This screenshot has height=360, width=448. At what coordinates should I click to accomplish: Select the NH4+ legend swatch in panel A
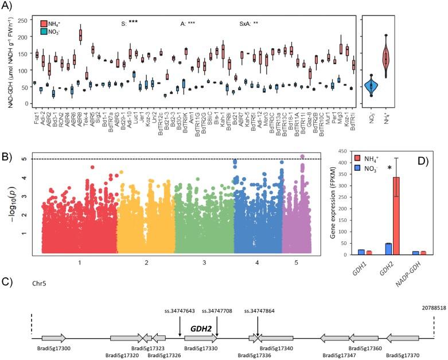click(44, 24)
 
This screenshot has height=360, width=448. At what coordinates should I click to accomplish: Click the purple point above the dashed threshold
click(303, 156)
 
